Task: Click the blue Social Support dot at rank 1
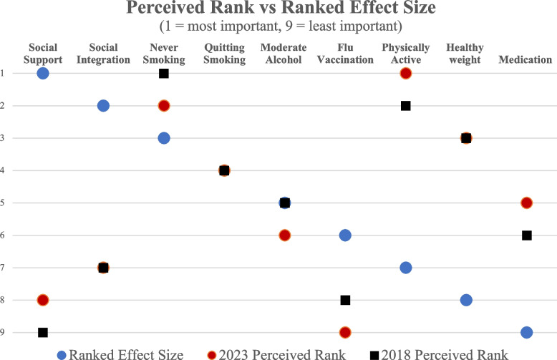click(x=43, y=74)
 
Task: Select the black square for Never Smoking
click(x=164, y=74)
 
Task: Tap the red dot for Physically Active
click(x=406, y=74)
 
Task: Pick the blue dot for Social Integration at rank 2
click(x=103, y=106)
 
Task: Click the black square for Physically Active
click(x=406, y=106)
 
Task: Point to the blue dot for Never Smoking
click(x=164, y=138)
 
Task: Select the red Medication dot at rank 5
click(x=526, y=203)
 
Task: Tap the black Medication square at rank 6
click(x=527, y=235)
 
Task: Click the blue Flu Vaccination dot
click(x=345, y=235)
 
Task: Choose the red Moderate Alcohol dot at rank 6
click(x=284, y=235)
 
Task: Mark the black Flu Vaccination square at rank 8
click(x=345, y=300)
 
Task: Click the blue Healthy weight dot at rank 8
click(x=466, y=300)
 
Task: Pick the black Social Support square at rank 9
click(x=43, y=333)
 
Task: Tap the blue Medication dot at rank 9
click(x=526, y=333)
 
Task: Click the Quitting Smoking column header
click(x=225, y=54)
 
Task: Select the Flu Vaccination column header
click(x=345, y=54)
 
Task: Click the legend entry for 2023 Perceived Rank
click(x=276, y=355)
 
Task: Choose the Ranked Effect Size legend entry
click(x=120, y=355)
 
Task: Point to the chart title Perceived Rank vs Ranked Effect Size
click(x=281, y=7)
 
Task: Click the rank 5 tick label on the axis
click(x=2, y=203)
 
